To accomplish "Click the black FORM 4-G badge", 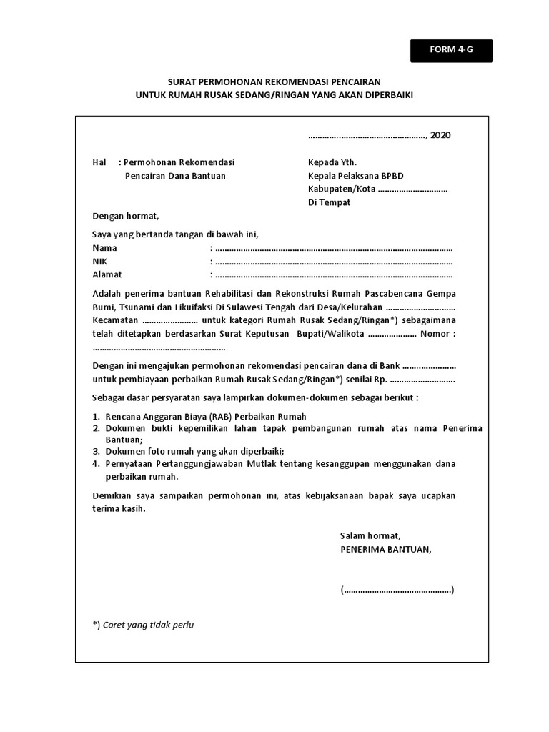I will pyautogui.click(x=451, y=50).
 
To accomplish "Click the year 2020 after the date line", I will pyautogui.click(x=440, y=135).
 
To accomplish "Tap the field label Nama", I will pyautogui.click(x=105, y=248).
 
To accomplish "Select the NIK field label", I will pyautogui.click(x=100, y=262).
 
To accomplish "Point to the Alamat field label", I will pyautogui.click(x=107, y=274).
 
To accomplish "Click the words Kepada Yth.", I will pyautogui.click(x=332, y=162).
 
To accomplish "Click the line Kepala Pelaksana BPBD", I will pyautogui.click(x=360, y=176).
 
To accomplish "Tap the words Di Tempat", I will pyautogui.click(x=329, y=202).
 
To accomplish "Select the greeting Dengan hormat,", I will pyautogui.click(x=126, y=217).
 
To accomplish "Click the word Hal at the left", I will pyautogui.click(x=99, y=162).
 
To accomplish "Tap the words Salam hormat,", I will pyautogui.click(x=370, y=536).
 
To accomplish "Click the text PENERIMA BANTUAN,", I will pyautogui.click(x=386, y=549).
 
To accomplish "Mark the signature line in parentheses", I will pyautogui.click(x=397, y=590).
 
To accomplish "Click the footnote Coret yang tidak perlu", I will pyautogui.click(x=148, y=625).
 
